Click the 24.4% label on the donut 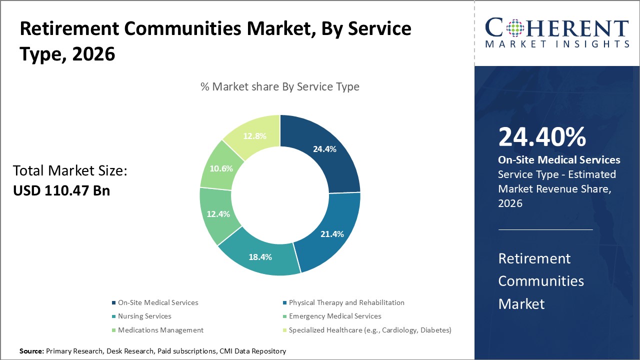(324, 149)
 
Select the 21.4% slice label (331, 233)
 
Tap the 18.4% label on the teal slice (260, 257)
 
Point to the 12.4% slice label (217, 214)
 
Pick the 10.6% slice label (221, 168)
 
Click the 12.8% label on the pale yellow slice (254, 136)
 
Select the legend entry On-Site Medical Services (157, 302)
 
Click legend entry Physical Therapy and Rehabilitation (346, 302)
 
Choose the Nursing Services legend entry (144, 316)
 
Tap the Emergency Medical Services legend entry (334, 316)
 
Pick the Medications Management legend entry (160, 330)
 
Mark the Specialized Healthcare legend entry (369, 330)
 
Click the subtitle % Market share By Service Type (280, 86)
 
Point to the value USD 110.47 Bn (61, 190)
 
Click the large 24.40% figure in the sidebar (542, 137)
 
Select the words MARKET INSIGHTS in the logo (557, 44)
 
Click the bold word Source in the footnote (31, 351)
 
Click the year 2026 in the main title (93, 54)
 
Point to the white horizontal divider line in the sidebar (545, 230)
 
